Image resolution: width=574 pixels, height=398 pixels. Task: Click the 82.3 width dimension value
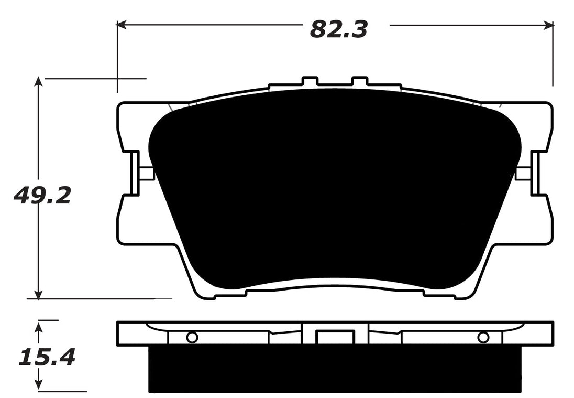[x=338, y=28]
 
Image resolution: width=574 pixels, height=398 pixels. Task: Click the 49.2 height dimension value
[x=42, y=196]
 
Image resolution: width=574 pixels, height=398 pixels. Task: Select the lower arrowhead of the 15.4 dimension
[x=38, y=386]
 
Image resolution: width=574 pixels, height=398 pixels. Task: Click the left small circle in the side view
[x=192, y=337]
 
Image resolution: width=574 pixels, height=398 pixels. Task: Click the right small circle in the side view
[x=483, y=337]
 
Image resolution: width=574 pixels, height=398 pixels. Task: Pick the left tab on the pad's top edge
[x=310, y=82]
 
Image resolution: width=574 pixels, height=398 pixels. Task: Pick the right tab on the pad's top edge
[x=360, y=82]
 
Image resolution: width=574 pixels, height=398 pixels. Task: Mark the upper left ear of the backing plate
[x=134, y=123]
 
